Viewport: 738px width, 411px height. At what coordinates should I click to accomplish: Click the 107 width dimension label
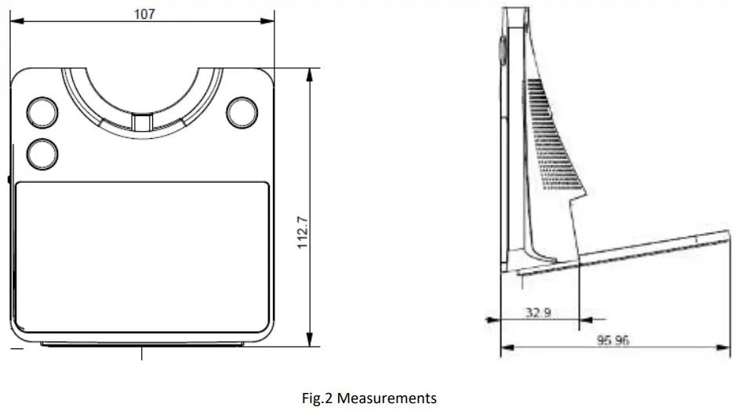coord(144,13)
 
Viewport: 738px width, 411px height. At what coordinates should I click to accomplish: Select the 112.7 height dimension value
coord(303,232)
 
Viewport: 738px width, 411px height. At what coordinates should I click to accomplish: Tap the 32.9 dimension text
coord(538,312)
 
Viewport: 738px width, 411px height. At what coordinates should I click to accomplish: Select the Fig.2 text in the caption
coord(318,398)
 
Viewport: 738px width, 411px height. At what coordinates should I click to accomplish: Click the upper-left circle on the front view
coord(42,112)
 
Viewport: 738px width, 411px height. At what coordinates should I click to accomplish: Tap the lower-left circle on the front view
coord(42,152)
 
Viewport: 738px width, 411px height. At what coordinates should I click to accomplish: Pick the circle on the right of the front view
coord(242,111)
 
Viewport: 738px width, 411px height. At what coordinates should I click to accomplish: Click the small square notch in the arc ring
coord(142,122)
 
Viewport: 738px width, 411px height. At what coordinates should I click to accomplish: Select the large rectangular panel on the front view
coord(142,256)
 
